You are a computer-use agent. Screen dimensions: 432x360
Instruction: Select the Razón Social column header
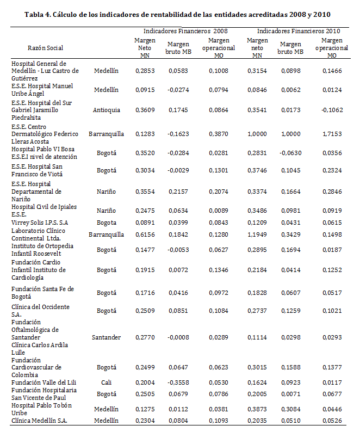click(x=45, y=48)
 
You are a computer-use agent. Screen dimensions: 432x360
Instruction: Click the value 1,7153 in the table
click(x=332, y=134)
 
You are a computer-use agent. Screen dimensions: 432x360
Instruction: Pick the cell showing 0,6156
click(x=145, y=234)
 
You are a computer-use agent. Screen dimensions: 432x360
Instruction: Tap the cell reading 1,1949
click(x=257, y=234)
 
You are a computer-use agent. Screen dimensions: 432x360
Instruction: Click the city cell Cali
click(x=106, y=382)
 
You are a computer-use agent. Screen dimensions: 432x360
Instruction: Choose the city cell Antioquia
click(x=106, y=110)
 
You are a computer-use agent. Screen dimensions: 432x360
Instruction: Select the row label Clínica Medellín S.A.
click(x=40, y=420)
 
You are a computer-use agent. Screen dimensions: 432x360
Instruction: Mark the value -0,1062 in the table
click(x=331, y=110)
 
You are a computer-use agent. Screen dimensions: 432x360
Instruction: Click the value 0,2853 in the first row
click(x=145, y=71)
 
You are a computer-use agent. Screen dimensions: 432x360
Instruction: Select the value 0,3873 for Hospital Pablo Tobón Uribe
click(x=257, y=409)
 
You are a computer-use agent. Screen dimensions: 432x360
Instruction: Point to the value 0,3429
click(x=291, y=234)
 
